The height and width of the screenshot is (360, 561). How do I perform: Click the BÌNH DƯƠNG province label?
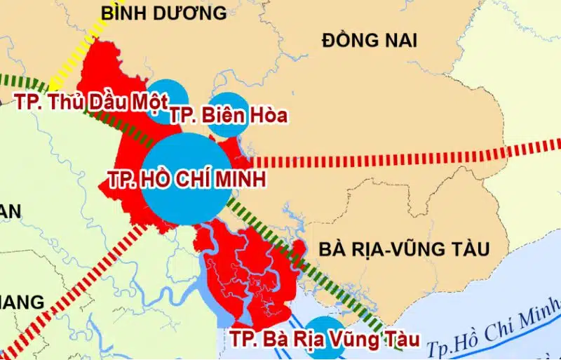click(163, 13)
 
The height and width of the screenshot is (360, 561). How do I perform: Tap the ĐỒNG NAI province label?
click(369, 41)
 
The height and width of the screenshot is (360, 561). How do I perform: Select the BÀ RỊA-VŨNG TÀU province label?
click(403, 249)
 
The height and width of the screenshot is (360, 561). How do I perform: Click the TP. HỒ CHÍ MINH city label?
click(187, 180)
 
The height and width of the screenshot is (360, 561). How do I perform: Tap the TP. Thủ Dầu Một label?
click(91, 102)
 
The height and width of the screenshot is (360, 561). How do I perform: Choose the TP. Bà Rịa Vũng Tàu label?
click(325, 340)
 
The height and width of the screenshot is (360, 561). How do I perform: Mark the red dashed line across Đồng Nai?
click(393, 158)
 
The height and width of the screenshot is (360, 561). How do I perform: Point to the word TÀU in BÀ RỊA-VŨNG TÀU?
click(468, 249)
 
